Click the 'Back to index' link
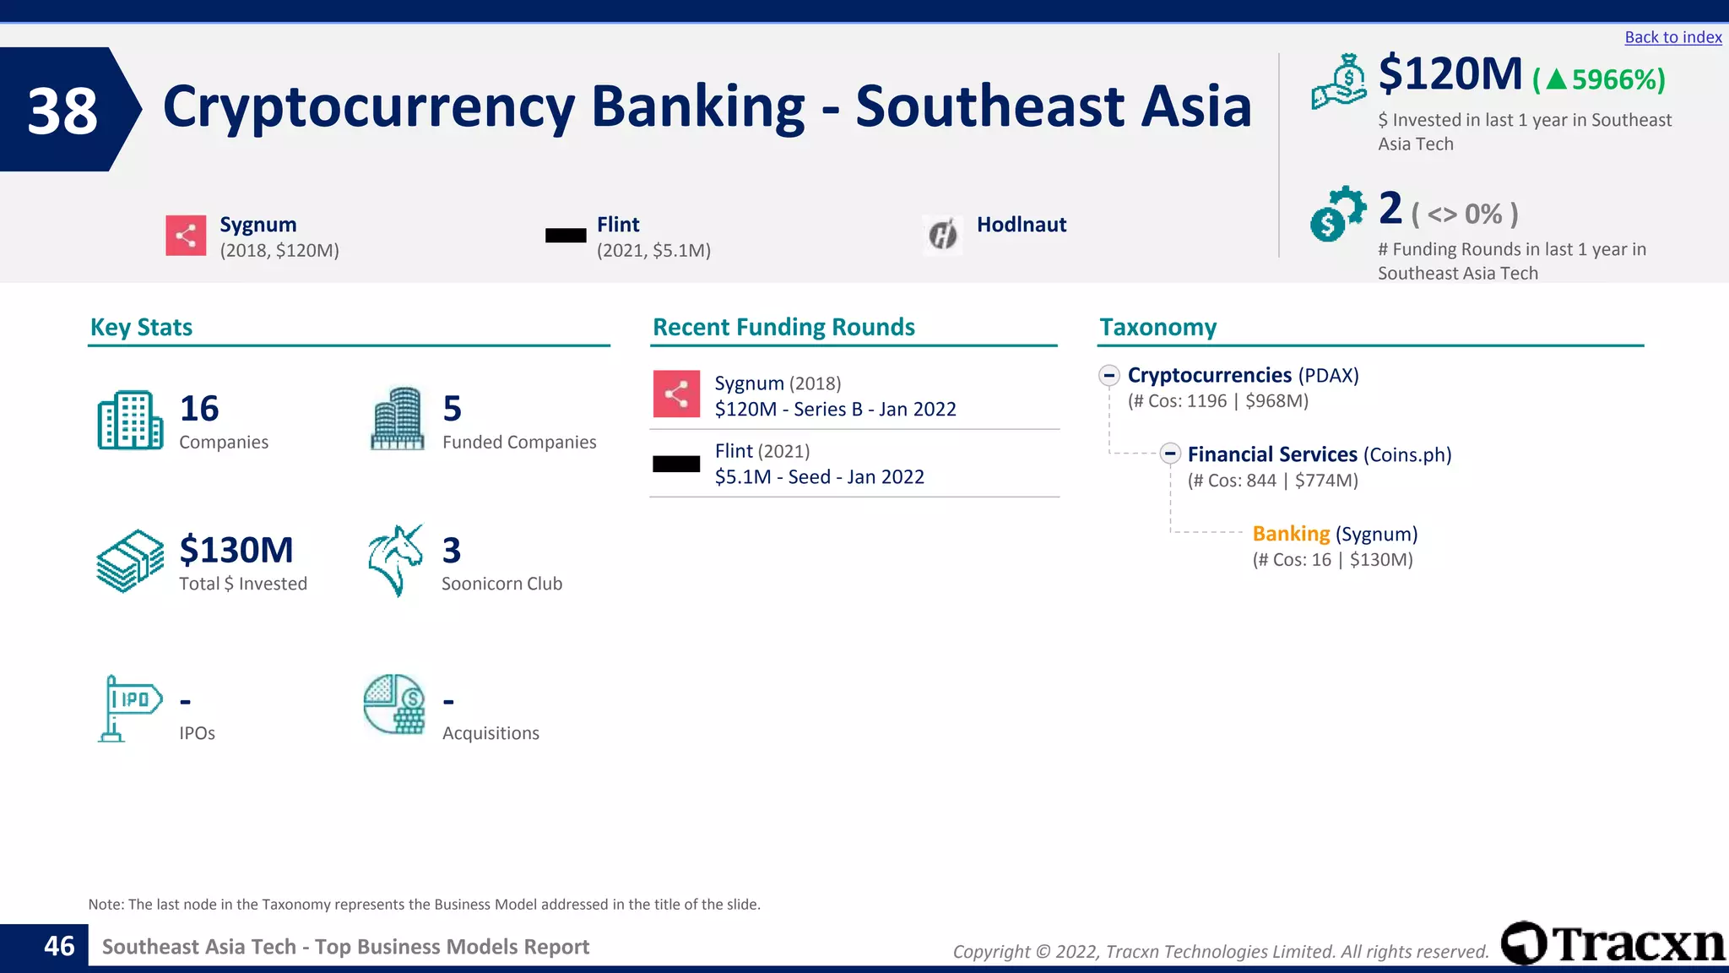tap(1672, 37)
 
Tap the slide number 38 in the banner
tap(62, 111)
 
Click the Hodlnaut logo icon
tap(943, 234)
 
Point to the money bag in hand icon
tap(1339, 82)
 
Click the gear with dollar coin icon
tap(1337, 214)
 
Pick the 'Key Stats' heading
tap(141, 327)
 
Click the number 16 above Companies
tap(199, 409)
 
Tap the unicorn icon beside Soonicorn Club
tap(395, 560)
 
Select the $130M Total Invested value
tap(236, 550)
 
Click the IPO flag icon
tap(129, 708)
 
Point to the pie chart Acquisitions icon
tap(394, 704)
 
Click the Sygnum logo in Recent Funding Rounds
tap(676, 394)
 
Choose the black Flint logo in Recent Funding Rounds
tap(676, 464)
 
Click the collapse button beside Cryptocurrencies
tap(1109, 375)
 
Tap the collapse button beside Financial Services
tap(1169, 454)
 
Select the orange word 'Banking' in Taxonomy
tap(1291, 534)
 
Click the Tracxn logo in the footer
tap(1612, 943)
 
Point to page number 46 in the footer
tap(59, 946)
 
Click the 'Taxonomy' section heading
tap(1157, 327)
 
